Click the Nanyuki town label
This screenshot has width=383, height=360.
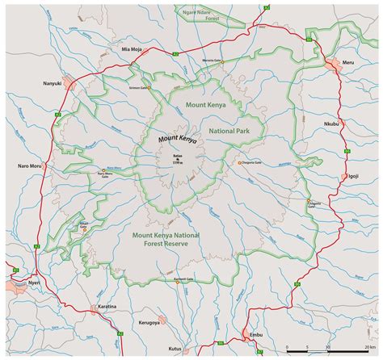tap(51, 84)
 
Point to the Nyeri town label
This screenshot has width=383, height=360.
tap(10, 284)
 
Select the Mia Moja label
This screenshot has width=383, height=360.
tap(131, 48)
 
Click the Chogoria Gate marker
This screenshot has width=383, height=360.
tap(239, 164)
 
